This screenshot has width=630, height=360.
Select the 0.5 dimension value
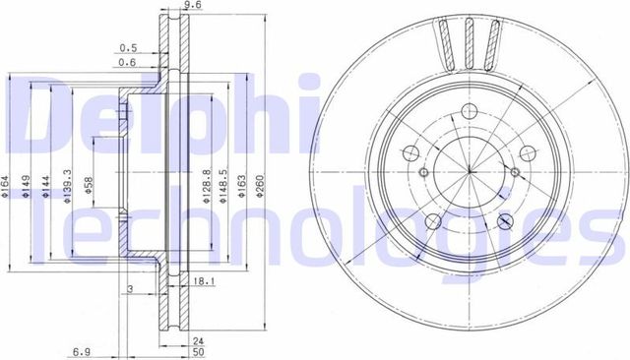pos(127,47)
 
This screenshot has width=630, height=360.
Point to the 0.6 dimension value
pos(127,64)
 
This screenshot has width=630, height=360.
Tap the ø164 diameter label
pos(6,183)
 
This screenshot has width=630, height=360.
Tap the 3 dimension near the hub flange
pos(130,287)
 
